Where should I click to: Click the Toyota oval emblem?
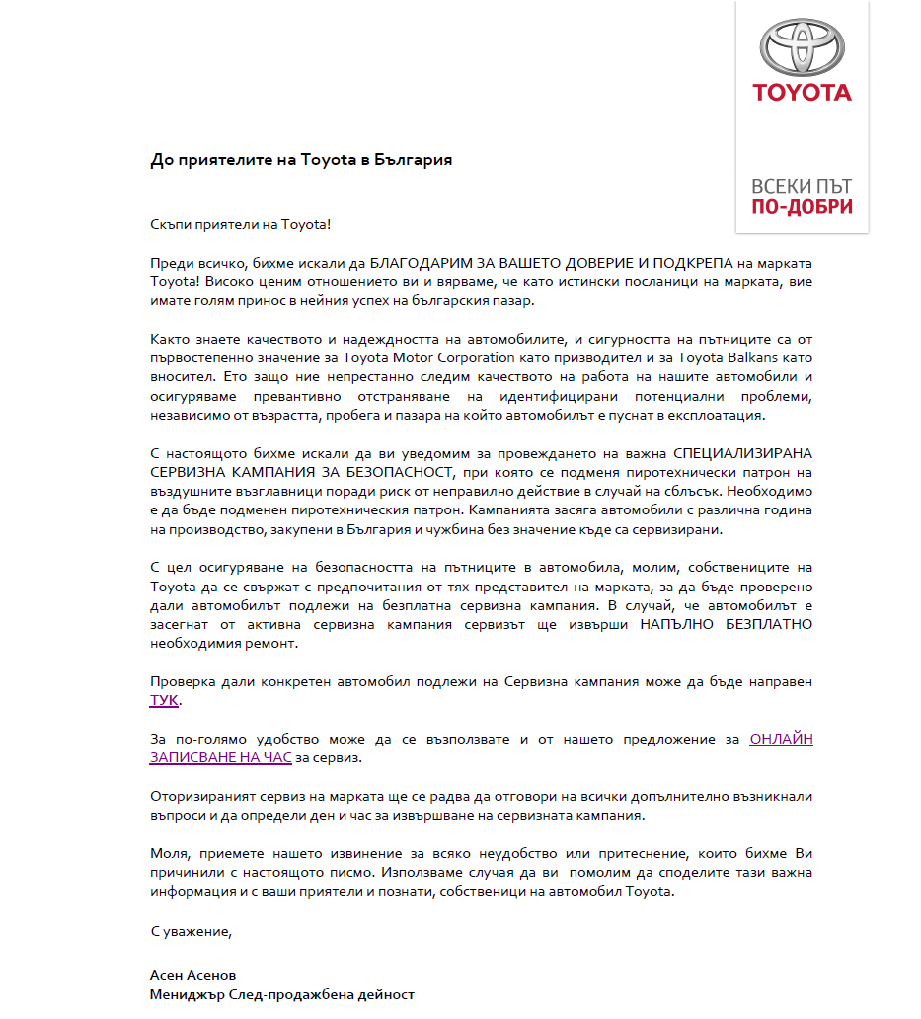[802, 45]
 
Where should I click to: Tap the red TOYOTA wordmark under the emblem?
[802, 93]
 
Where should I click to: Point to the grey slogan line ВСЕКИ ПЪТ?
[802, 186]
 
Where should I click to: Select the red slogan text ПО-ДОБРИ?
[802, 207]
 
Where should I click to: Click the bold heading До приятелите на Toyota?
[301, 159]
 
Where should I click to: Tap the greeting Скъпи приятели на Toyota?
[240, 224]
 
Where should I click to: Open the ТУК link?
[164, 700]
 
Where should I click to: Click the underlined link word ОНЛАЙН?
[781, 738]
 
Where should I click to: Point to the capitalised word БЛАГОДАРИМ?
[416, 263]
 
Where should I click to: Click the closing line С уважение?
[191, 930]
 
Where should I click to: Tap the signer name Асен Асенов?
[192, 975]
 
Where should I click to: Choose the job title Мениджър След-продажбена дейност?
[281, 994]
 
